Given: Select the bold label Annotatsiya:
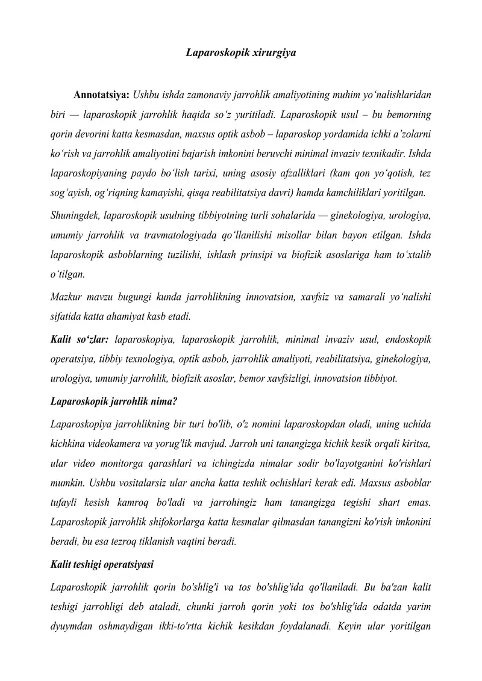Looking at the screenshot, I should [101, 95].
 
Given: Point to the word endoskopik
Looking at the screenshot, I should [405, 340].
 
